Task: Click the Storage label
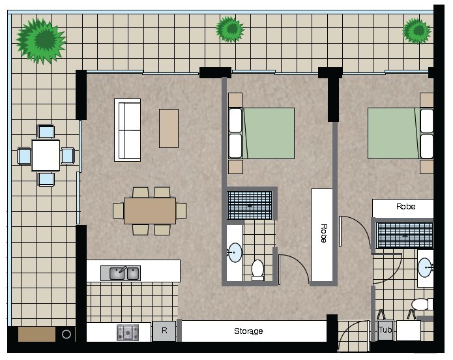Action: pos(248,331)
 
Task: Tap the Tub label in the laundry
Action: pos(385,329)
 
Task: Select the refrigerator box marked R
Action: pos(164,331)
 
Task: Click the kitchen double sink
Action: pos(121,273)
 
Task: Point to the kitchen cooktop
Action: pos(128,332)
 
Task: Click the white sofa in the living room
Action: pos(127,130)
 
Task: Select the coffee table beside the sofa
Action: pos(169,128)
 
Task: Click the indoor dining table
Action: pos(150,211)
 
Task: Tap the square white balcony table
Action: pos(46,156)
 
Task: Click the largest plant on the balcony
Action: pos(41,40)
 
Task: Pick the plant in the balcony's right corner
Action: pos(416,31)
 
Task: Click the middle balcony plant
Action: pos(230,29)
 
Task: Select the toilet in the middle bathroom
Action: pos(257,270)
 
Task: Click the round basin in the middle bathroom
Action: pos(235,252)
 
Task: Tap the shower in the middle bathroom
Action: pos(250,205)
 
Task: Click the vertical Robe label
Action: pos(324,233)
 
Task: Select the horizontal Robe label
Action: pos(405,207)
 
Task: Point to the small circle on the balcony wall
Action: pos(66,335)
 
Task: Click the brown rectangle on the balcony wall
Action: pos(37,335)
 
